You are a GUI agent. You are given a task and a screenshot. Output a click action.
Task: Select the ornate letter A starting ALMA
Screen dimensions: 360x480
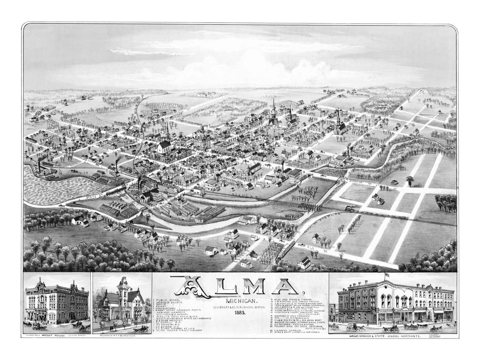tap(188, 286)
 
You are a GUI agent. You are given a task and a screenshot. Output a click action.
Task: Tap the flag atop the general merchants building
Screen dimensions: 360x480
tap(388, 275)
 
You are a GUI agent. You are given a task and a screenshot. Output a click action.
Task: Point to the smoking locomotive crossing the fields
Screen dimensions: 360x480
tap(348, 209)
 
